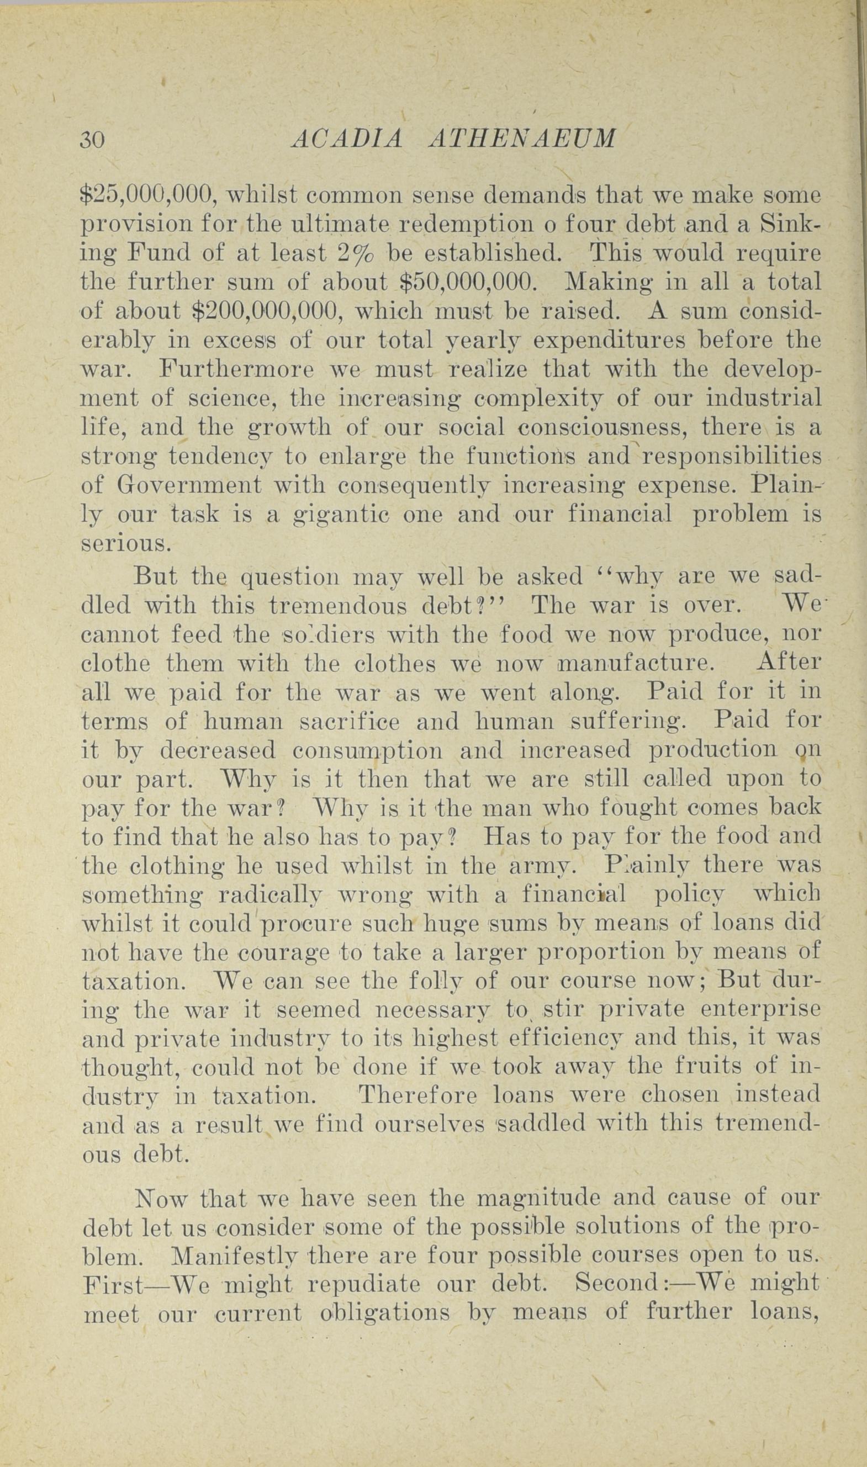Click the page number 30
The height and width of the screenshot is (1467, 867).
click(x=92, y=140)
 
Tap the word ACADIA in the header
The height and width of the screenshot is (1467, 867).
click(x=347, y=140)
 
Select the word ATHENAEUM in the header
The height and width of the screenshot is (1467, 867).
click(x=522, y=140)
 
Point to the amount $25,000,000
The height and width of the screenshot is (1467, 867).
click(x=149, y=194)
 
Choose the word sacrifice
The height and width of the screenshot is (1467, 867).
click(x=350, y=722)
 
